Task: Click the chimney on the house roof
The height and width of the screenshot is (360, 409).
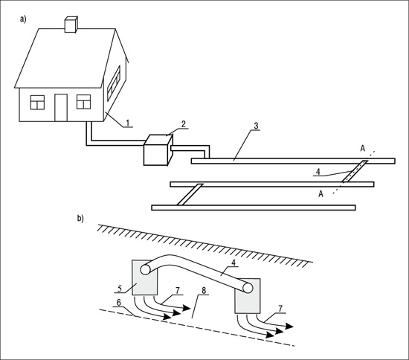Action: (x=71, y=25)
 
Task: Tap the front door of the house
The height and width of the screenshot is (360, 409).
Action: (x=61, y=107)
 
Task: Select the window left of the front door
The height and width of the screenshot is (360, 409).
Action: (x=37, y=102)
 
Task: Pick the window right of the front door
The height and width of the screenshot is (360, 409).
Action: (x=84, y=102)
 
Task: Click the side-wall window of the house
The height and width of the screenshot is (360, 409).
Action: (x=114, y=83)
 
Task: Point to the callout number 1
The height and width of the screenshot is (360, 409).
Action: (x=128, y=123)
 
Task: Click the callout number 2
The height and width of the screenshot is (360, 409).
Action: (x=184, y=124)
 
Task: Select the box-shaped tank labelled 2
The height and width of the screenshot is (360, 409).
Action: (x=158, y=150)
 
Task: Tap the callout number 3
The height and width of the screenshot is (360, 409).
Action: (x=256, y=126)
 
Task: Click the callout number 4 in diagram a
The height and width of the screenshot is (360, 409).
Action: (x=318, y=172)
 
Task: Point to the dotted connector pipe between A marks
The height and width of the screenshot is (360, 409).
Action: (x=355, y=171)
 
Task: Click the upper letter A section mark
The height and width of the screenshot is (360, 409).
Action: (x=363, y=148)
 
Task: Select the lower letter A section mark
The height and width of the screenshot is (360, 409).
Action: (x=321, y=194)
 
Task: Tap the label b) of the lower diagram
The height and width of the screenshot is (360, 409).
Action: (x=80, y=219)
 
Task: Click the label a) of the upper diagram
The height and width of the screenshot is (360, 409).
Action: (x=23, y=19)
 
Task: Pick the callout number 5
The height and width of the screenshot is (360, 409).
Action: (x=120, y=289)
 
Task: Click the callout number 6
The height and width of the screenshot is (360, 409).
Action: (x=119, y=302)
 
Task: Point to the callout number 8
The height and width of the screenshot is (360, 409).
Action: (x=204, y=291)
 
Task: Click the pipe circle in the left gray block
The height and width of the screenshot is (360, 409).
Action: (x=145, y=269)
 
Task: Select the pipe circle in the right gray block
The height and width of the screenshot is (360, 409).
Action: (x=248, y=288)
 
